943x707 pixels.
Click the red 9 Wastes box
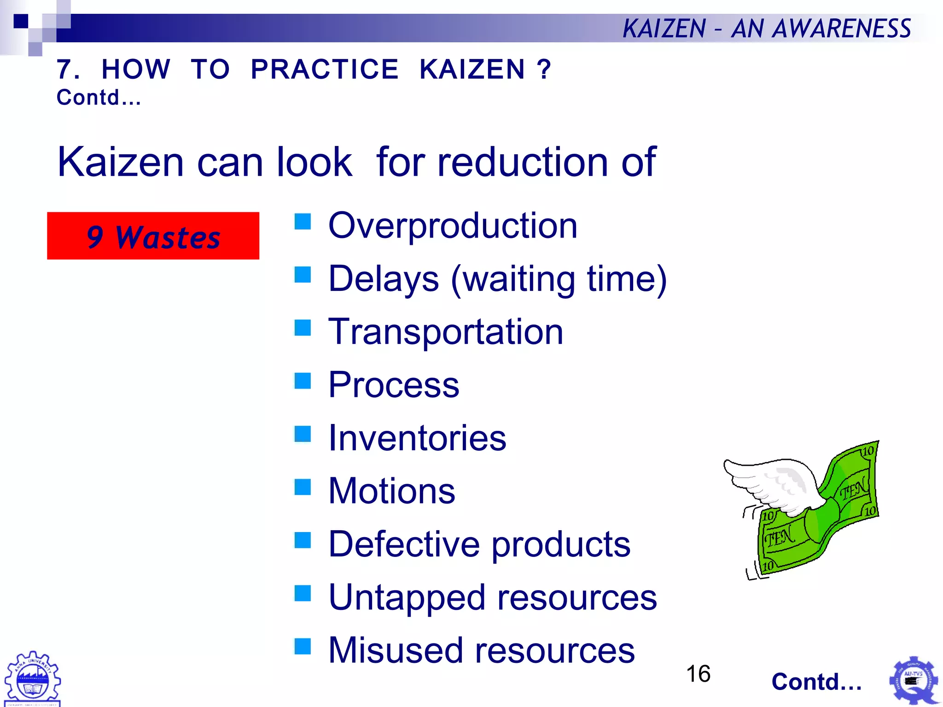(x=153, y=236)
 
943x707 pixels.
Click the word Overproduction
(x=453, y=226)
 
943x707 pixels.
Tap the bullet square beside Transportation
(x=303, y=328)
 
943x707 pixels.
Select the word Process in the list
(x=394, y=385)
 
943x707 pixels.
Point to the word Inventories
(x=417, y=438)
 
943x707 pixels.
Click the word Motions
(x=392, y=491)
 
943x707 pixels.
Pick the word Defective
(x=404, y=544)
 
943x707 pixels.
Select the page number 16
(x=698, y=674)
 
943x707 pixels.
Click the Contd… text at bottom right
(x=816, y=682)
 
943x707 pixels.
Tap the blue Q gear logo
(x=914, y=681)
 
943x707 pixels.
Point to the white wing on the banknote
(x=774, y=483)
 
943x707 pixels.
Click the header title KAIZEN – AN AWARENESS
(x=766, y=29)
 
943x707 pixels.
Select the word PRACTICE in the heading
(x=325, y=70)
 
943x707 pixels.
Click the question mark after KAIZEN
(x=544, y=70)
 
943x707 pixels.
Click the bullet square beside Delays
(x=303, y=275)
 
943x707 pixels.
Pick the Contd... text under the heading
(x=99, y=98)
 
